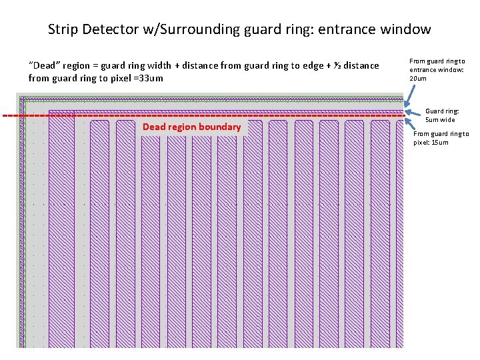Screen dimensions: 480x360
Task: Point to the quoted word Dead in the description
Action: pos(42,65)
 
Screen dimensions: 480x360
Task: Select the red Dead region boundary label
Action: pos(191,127)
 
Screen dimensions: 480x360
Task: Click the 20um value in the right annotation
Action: pos(417,79)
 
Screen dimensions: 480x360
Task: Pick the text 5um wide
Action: pos(440,120)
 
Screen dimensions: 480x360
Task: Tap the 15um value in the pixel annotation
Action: pos(440,142)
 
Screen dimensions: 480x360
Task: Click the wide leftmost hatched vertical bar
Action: pos(61,227)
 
